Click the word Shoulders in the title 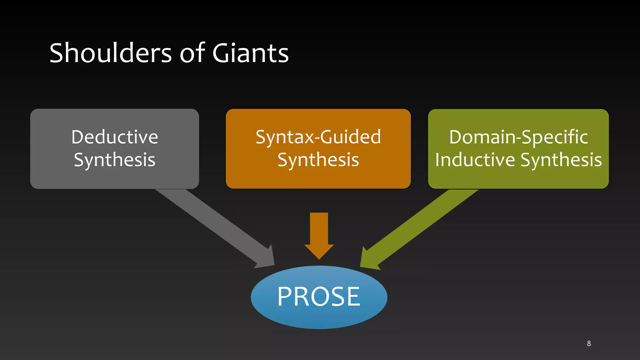tap(110, 53)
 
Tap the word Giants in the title tap(250, 53)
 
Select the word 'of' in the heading tap(192, 53)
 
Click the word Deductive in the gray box tap(115, 137)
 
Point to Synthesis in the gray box tap(115, 160)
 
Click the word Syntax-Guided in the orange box tap(318, 137)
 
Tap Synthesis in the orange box tap(318, 160)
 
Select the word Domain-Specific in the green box tap(518, 137)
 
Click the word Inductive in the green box tap(475, 160)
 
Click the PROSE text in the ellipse tap(319, 297)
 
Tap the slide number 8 tap(589, 343)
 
